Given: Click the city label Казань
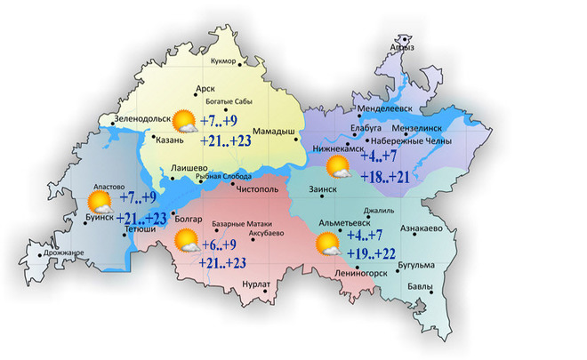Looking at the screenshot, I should pyautogui.click(x=168, y=140).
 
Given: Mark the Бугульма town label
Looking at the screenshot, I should pyautogui.click(x=416, y=265).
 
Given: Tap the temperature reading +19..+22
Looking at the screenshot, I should pyautogui.click(x=372, y=254).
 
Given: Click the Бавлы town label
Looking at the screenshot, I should pyautogui.click(x=421, y=286).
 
